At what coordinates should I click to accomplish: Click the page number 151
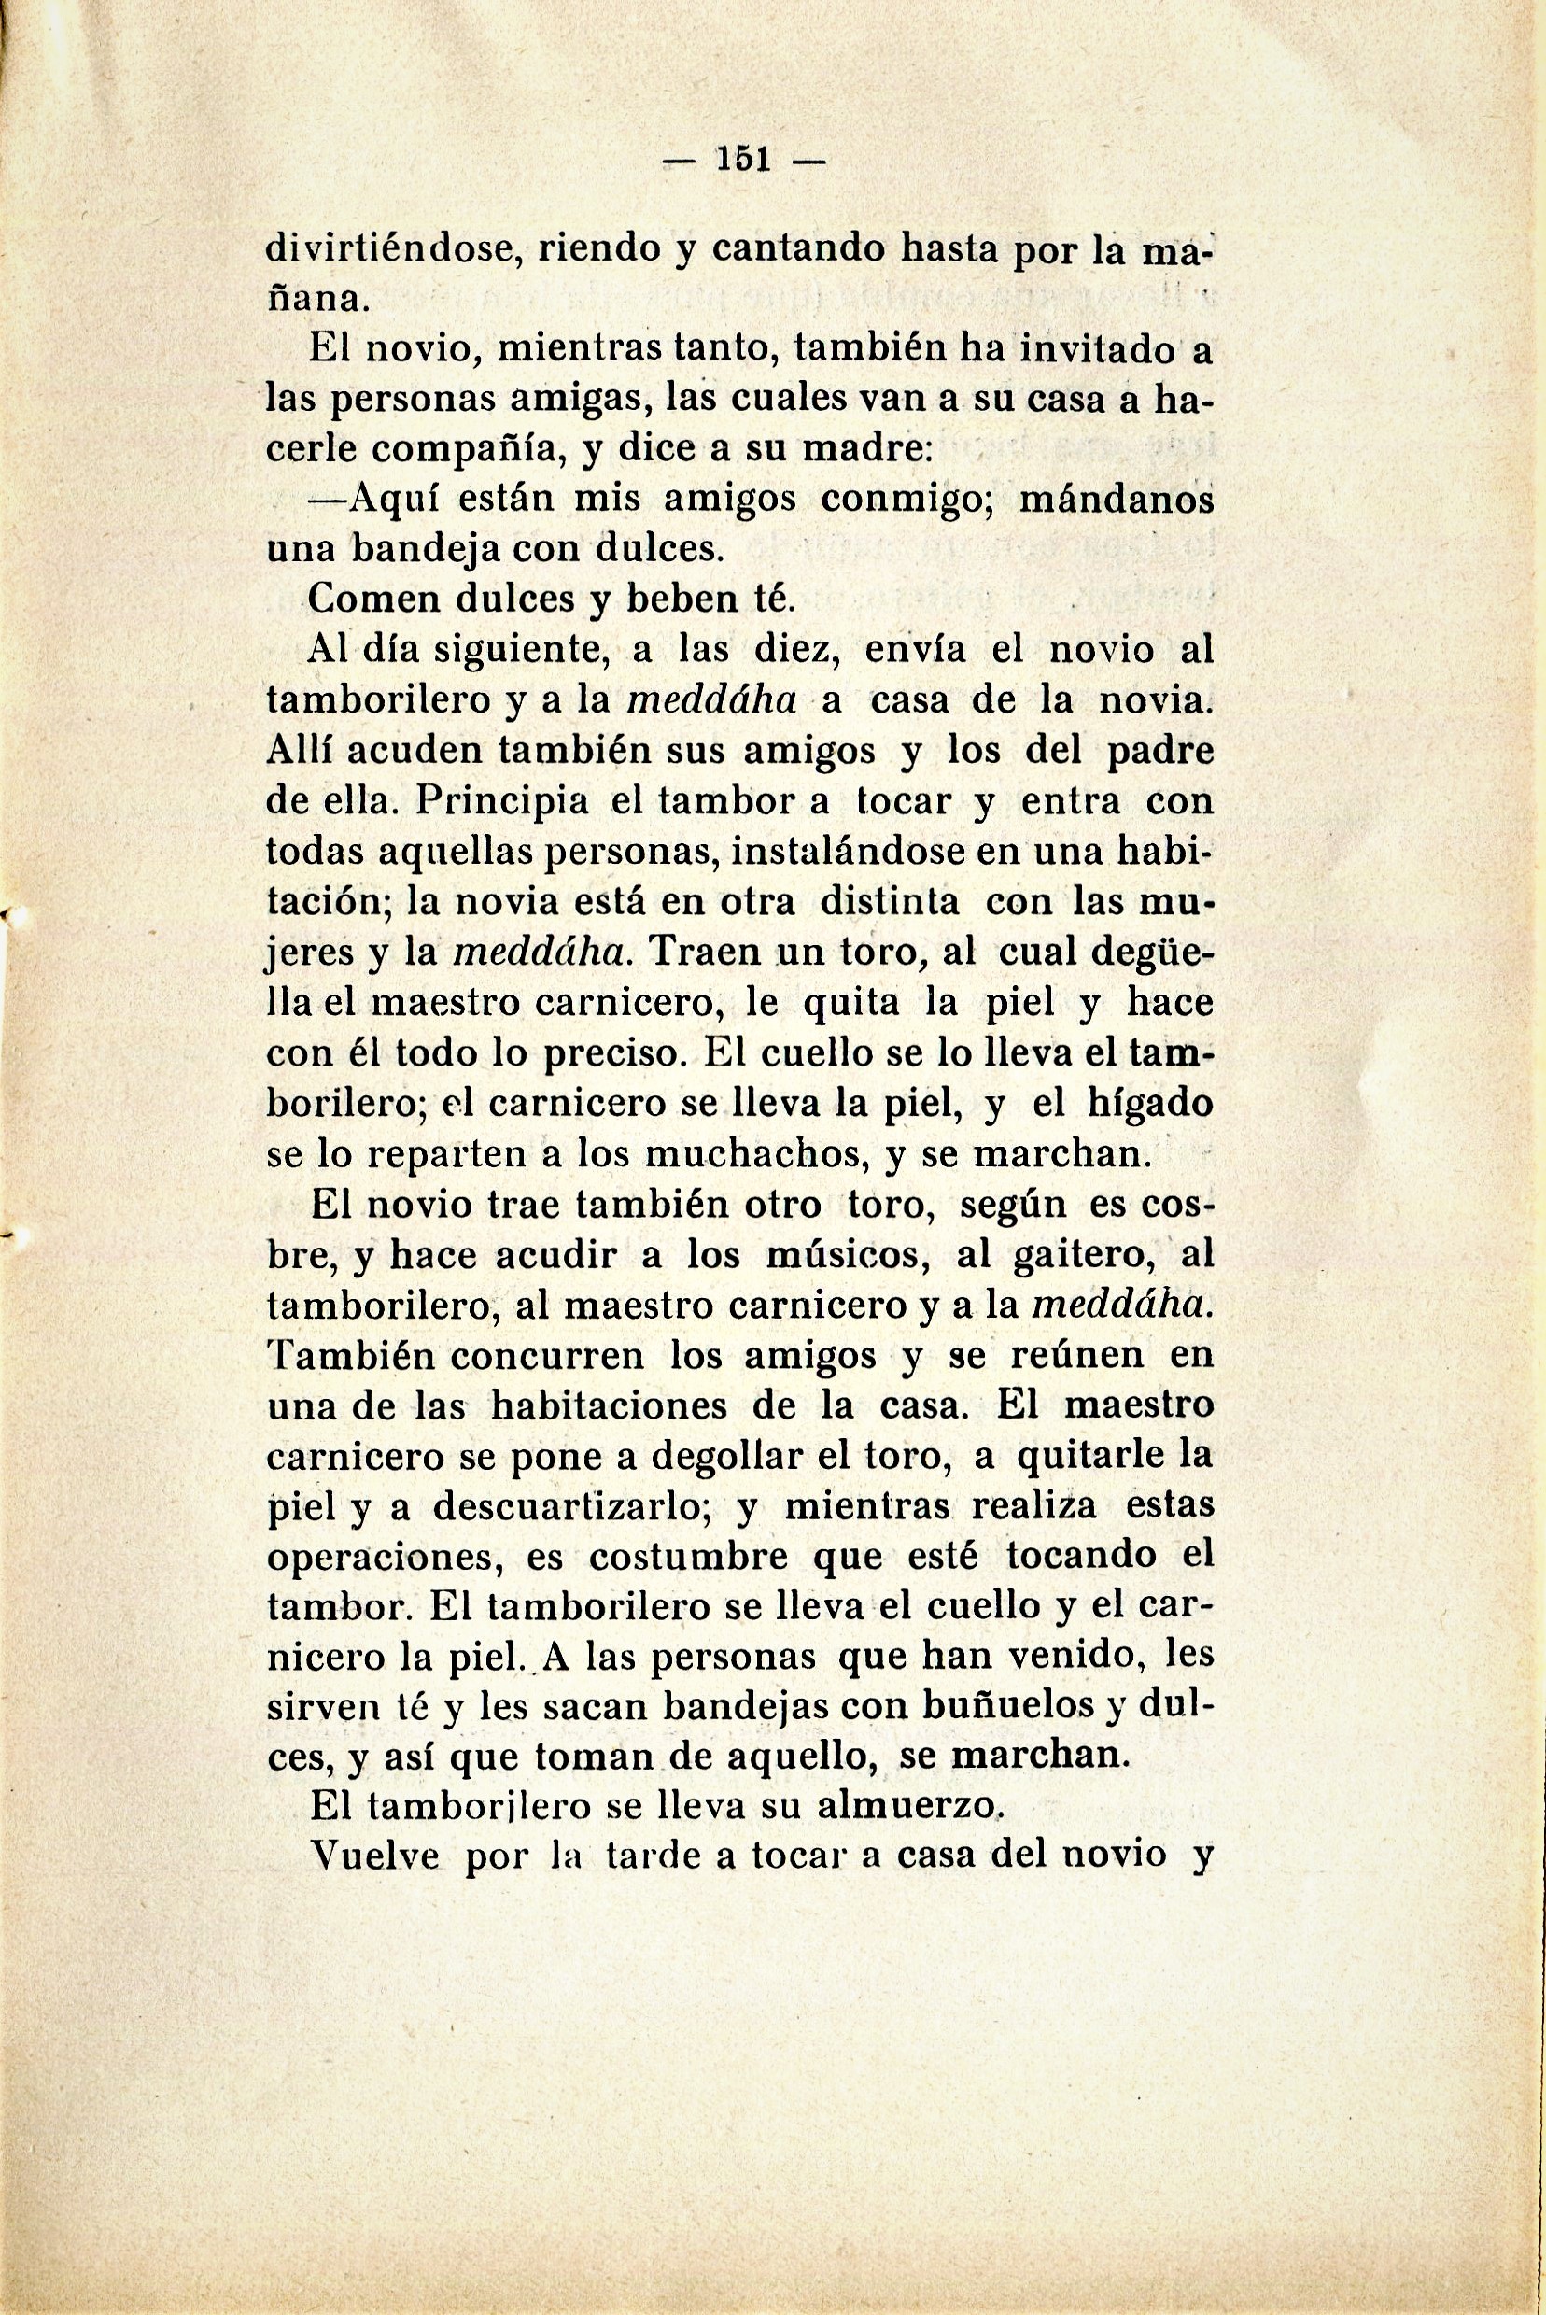(x=746, y=159)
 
